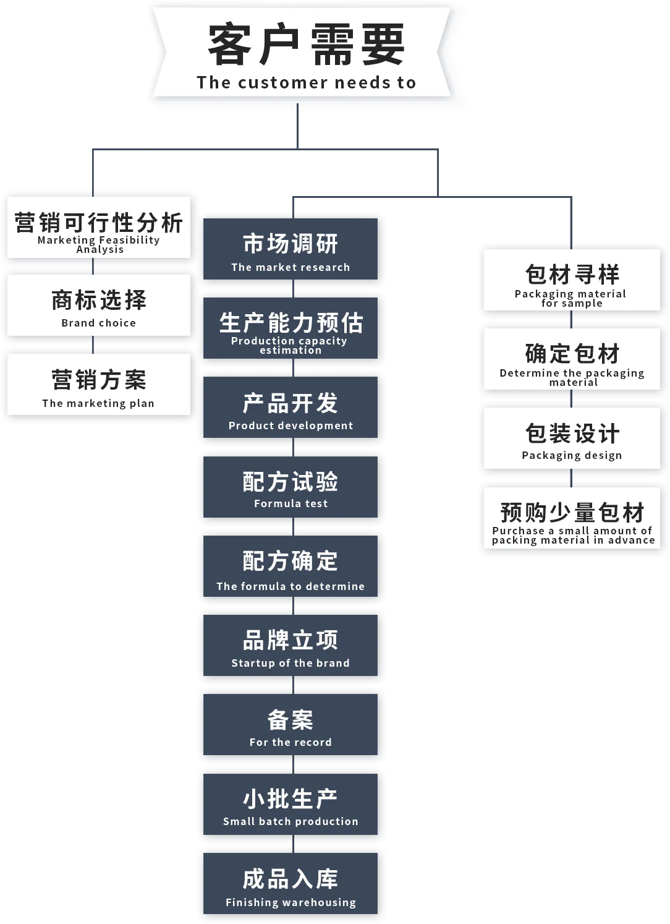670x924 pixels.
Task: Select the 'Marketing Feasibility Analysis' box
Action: pos(99,227)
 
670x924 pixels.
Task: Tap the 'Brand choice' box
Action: pos(99,306)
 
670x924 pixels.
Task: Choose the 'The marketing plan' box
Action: pos(99,384)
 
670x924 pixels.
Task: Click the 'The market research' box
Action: pos(290,249)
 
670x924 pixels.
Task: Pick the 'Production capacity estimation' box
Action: pos(290,328)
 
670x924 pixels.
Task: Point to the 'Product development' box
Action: pos(290,408)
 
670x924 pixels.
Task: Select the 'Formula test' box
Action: pos(290,487)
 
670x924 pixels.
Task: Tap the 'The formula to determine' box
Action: pos(290,567)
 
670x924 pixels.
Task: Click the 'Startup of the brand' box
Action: pos(290,646)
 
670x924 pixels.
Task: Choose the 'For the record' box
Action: pos(290,725)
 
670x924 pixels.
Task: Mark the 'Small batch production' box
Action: pos(290,805)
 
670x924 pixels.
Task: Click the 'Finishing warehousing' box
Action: pos(290,884)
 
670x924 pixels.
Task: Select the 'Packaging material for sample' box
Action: pos(572,280)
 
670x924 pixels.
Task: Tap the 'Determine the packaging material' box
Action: pos(572,359)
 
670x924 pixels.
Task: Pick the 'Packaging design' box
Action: pos(572,438)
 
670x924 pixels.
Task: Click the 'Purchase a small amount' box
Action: pos(572,518)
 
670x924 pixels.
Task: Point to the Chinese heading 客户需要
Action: pos(306,45)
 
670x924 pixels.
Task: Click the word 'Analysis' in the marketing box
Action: pos(100,250)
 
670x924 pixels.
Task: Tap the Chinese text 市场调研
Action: pos(290,244)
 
